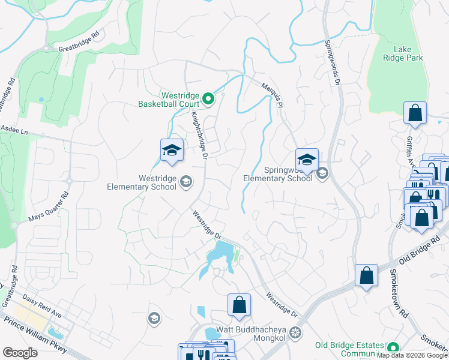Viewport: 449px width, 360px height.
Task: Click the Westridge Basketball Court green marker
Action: click(x=208, y=99)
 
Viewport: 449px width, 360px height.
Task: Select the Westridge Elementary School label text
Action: click(x=142, y=182)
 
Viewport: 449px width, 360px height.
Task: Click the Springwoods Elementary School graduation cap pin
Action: click(x=307, y=160)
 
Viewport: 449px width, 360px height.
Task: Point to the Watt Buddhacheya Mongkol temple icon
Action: click(x=295, y=332)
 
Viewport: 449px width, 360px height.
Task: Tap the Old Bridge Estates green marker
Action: click(x=393, y=348)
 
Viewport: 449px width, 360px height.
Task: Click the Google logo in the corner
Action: click(x=20, y=353)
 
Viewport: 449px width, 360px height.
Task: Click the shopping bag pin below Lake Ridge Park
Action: click(x=415, y=113)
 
